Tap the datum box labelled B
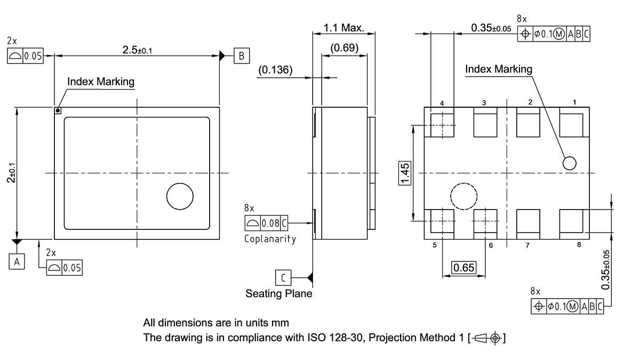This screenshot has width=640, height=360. [241, 55]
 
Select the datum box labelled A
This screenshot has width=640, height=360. [17, 262]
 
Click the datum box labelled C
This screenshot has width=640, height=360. [283, 277]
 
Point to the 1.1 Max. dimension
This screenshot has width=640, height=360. [344, 28]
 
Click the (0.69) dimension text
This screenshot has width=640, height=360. [345, 47]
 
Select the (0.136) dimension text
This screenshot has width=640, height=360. [275, 70]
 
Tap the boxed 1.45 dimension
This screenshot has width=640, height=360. [405, 173]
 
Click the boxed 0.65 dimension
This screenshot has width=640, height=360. [463, 267]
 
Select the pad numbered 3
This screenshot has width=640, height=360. [485, 122]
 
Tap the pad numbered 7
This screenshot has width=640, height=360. [527, 221]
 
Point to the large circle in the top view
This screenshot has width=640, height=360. [180, 197]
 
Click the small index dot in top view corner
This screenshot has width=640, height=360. [58, 111]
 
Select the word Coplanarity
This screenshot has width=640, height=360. [270, 238]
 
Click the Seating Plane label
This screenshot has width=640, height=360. [278, 293]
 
